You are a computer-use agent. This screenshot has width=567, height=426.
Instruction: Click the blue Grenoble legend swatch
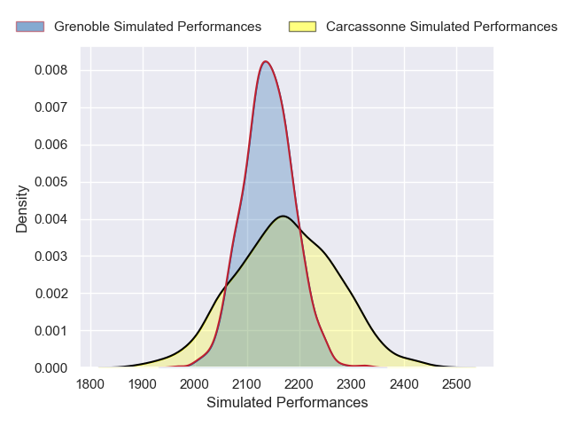click(x=31, y=27)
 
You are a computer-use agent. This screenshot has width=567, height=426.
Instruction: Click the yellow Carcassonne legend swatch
click(x=303, y=27)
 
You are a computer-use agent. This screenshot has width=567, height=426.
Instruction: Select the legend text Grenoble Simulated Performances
click(x=158, y=27)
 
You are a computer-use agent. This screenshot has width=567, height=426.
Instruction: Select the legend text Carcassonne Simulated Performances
click(x=441, y=27)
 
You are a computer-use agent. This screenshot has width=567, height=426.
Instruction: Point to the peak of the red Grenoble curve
click(x=264, y=61)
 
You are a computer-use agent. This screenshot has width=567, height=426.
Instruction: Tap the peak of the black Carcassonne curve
click(x=282, y=216)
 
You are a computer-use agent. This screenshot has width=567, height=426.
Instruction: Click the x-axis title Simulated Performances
click(x=287, y=403)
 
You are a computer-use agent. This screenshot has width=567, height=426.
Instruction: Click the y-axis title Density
click(x=22, y=214)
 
